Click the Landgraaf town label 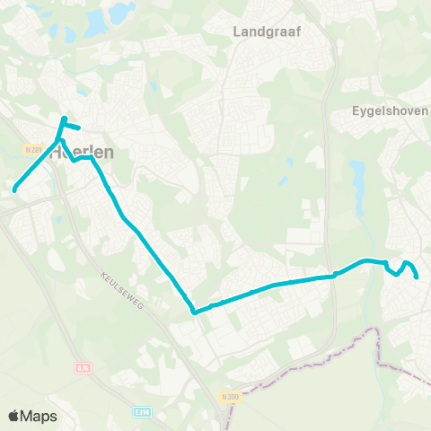pyautogui.click(x=267, y=31)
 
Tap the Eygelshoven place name pyautogui.click(x=390, y=114)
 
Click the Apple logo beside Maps pyautogui.click(x=15, y=416)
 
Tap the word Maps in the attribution pyautogui.click(x=40, y=416)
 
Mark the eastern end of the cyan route pyautogui.click(x=418, y=277)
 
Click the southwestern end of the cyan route pyautogui.click(x=15, y=189)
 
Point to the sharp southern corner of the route pyautogui.click(x=194, y=312)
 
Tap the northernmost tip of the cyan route pyautogui.click(x=64, y=118)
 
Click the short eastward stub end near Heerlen pyautogui.click(x=81, y=128)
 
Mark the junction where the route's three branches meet pyautogui.click(x=60, y=139)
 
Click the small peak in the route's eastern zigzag pyautogui.click(x=407, y=262)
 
